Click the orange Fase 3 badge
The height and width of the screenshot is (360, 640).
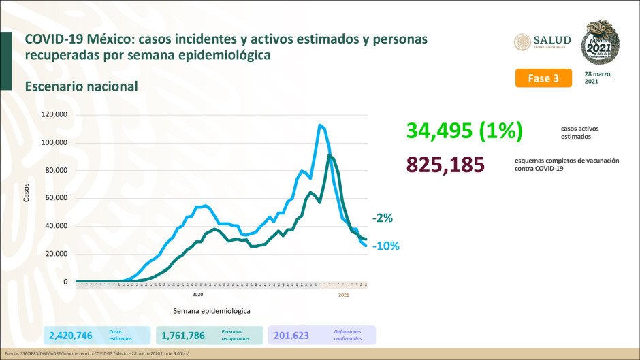point(543,78)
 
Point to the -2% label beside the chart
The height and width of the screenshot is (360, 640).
point(382,218)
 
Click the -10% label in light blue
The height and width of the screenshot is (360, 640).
point(385,246)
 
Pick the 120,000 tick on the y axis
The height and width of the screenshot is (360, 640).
point(54,114)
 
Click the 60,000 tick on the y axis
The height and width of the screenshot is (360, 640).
point(56,198)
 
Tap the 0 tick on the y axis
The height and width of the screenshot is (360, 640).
point(65,282)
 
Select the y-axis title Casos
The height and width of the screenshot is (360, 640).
point(27,193)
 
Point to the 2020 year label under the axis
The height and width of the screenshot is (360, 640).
point(197,295)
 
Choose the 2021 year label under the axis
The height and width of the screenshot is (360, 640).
point(344,295)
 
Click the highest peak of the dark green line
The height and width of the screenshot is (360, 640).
point(330,156)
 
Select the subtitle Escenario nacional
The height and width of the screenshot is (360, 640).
point(81,86)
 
